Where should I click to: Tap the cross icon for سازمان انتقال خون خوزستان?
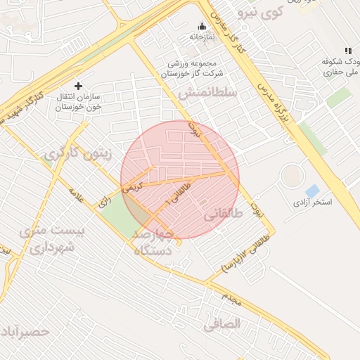78,86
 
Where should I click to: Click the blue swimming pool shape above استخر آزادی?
312,191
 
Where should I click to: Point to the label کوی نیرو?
260,12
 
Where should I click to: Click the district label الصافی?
222,323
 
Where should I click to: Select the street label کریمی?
132,187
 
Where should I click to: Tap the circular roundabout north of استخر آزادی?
292,175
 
